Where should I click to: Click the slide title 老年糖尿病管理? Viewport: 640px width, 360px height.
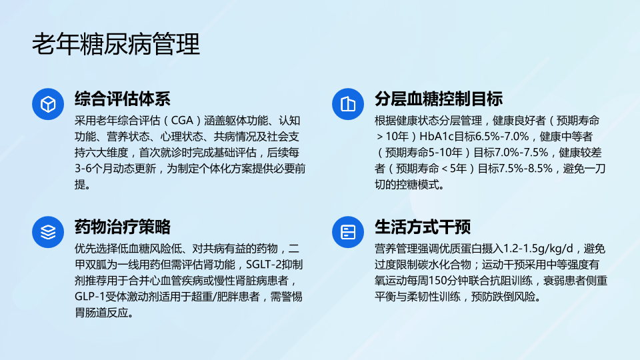point(116,44)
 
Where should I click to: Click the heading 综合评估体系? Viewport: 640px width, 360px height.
point(123,99)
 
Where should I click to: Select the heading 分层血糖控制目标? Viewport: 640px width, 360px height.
point(439,99)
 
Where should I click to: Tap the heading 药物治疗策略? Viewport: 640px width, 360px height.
point(123,227)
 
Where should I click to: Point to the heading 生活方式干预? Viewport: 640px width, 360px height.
point(423,227)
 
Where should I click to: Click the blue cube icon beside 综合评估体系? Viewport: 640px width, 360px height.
point(48,104)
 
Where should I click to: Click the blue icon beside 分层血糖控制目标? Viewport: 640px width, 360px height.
point(348,104)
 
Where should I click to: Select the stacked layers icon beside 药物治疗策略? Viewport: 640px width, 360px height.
point(48,232)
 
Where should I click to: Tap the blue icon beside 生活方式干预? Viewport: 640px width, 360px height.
point(348,232)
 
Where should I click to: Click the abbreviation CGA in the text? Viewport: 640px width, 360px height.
point(182,121)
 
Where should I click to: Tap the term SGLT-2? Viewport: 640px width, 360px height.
point(264,265)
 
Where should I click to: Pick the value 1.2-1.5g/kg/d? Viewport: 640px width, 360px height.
point(538,249)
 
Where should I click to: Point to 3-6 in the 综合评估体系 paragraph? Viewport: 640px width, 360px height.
point(83,169)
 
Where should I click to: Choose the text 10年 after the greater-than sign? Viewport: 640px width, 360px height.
point(397,137)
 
